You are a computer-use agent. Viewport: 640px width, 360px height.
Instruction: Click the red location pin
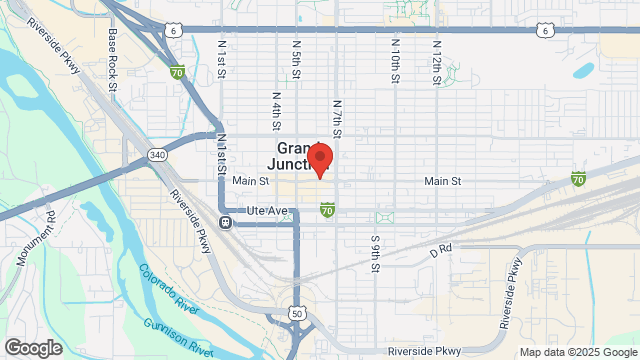pos(320,161)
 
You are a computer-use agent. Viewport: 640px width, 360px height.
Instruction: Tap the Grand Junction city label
pos(296,156)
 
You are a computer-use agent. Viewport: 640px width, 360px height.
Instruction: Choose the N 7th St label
pos(337,118)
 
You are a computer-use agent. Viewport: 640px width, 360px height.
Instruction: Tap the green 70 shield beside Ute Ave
pos(327,209)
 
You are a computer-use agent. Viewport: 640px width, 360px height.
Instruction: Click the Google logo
pos(32,348)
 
